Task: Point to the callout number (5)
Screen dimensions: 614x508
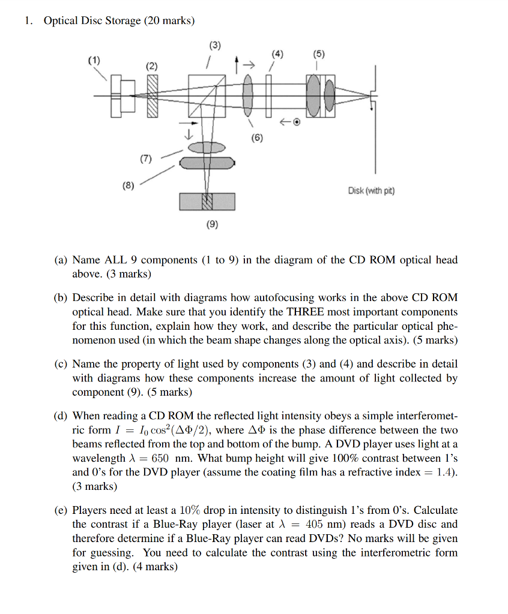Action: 318,54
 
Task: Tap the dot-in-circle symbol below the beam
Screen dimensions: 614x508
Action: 296,123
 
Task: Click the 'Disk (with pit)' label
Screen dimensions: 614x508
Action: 371,191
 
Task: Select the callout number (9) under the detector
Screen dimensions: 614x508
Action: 212,225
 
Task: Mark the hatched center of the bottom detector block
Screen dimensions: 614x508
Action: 207,202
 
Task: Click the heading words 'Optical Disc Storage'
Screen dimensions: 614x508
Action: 91,21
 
